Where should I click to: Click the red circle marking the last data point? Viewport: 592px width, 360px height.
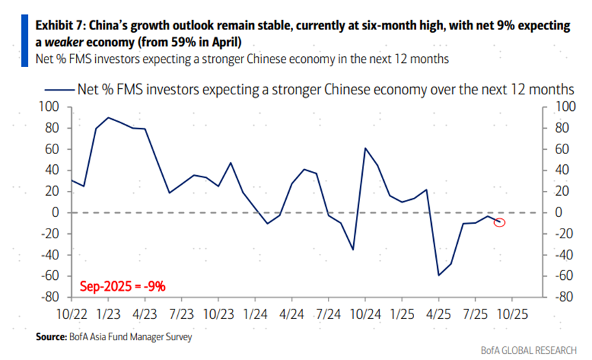click(x=500, y=222)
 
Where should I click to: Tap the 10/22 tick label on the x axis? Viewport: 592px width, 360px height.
click(x=70, y=317)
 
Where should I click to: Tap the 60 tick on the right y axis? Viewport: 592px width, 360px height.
click(x=563, y=149)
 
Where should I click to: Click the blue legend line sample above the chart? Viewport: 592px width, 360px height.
click(x=59, y=89)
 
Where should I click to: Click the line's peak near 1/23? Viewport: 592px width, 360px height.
click(x=108, y=118)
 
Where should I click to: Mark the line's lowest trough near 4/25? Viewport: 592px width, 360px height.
click(x=438, y=275)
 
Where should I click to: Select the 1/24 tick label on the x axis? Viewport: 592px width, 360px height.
click(x=255, y=317)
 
